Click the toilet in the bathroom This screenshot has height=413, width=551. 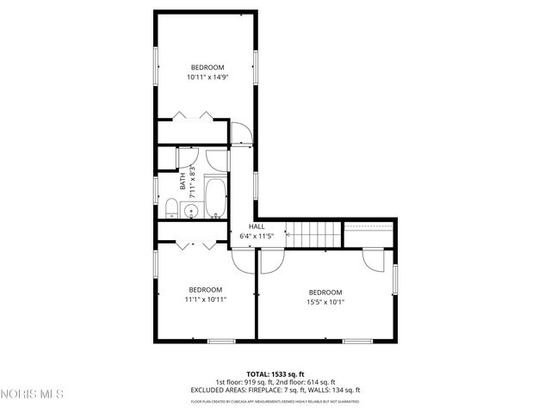(170, 208)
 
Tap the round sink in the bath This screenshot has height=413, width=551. (191, 209)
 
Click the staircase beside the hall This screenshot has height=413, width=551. (313, 232)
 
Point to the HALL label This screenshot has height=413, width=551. (257, 225)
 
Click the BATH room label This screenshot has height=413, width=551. (183, 183)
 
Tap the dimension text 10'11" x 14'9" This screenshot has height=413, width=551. (207, 77)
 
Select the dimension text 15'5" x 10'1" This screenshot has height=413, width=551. (325, 302)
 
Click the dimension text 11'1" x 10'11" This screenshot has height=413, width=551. (206, 299)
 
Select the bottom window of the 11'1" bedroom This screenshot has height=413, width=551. (221, 342)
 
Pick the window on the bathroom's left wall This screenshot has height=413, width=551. (156, 188)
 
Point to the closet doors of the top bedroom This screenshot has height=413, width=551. (194, 116)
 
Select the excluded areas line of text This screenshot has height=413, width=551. (275, 390)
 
